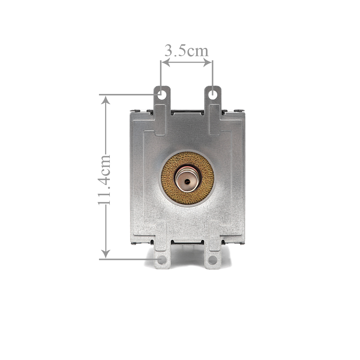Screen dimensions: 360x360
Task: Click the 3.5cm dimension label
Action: click(x=186, y=51)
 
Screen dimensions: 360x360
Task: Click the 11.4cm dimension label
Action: click(x=105, y=180)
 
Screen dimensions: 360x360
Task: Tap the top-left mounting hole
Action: click(x=162, y=95)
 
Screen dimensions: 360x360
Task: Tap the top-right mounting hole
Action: click(x=213, y=95)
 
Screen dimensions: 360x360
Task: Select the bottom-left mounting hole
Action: click(x=162, y=260)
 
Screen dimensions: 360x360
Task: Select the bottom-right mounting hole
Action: click(x=213, y=260)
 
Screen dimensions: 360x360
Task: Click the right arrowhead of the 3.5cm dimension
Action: click(x=208, y=62)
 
